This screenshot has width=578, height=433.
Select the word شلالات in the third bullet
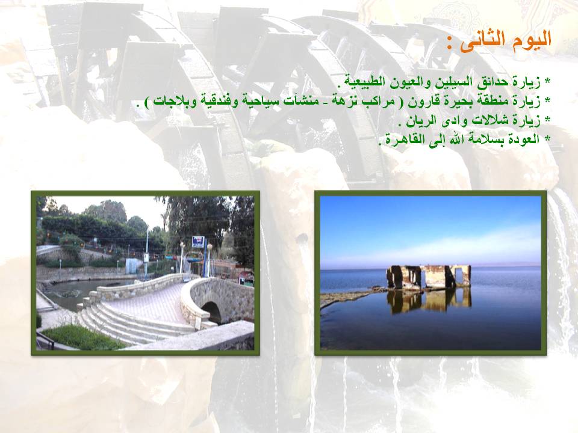[483, 120]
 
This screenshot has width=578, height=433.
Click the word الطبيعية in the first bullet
[362, 82]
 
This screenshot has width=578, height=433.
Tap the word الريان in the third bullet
[419, 120]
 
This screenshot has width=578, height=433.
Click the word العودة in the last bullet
[523, 140]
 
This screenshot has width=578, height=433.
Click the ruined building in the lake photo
[429, 276]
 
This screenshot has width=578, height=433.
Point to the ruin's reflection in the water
[429, 300]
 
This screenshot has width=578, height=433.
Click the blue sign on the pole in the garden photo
[197, 242]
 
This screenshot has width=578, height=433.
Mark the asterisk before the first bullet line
[547, 82]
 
